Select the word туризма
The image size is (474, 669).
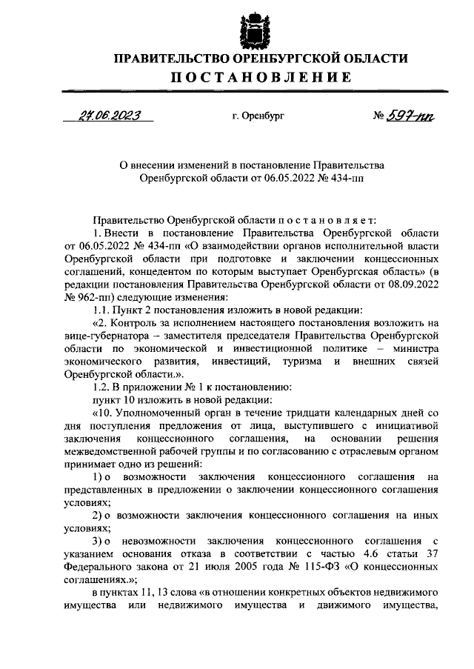point(296,362)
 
